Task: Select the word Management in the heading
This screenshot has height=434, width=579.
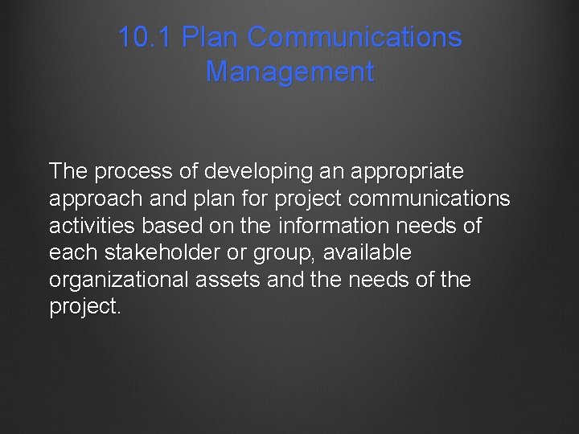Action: [x=289, y=72]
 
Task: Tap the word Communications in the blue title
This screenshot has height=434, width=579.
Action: [x=355, y=37]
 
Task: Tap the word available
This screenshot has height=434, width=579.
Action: [x=367, y=253]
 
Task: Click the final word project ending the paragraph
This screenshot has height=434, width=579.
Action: [x=83, y=308]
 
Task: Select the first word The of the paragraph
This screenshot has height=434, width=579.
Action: [x=68, y=171]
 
